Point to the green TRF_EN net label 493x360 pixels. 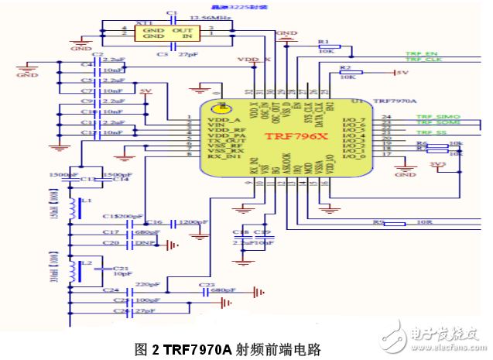coord(422,54)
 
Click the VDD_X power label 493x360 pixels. coord(254,60)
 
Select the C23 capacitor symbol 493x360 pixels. coord(207,293)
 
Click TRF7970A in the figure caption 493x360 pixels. coord(197,349)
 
